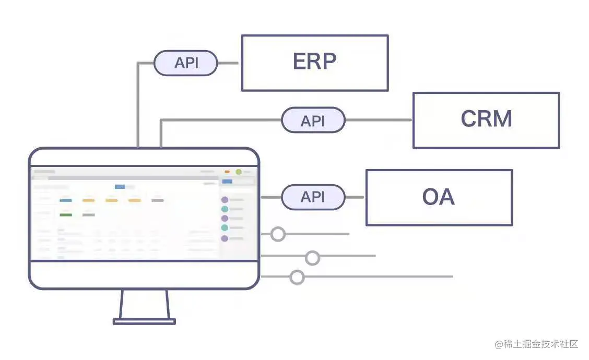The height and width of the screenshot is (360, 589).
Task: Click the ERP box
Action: tap(314, 63)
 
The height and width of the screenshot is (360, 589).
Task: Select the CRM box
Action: tap(486, 120)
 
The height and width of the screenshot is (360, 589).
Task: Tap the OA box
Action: tap(439, 197)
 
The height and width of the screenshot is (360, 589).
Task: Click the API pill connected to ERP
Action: tap(186, 63)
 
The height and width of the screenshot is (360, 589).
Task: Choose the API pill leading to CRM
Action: tap(313, 121)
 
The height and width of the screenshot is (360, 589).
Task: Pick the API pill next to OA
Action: tap(313, 197)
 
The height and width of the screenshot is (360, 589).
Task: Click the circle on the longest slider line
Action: tap(297, 277)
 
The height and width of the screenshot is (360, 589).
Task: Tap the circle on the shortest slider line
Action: tap(278, 234)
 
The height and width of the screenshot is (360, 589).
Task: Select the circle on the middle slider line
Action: tap(312, 257)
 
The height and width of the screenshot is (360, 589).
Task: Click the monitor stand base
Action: tap(145, 321)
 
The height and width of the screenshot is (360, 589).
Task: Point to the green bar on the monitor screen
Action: tap(66, 214)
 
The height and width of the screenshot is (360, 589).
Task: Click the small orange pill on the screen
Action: tap(227, 172)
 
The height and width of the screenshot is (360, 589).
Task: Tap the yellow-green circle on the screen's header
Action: tap(239, 172)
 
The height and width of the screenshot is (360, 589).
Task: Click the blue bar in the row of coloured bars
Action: tap(66, 200)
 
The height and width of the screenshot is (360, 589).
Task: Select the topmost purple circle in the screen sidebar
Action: tap(225, 200)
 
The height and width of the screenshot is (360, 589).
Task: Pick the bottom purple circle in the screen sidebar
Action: tap(225, 238)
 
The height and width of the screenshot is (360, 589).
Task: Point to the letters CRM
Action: tap(486, 119)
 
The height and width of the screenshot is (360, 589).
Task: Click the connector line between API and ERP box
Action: tap(228, 63)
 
